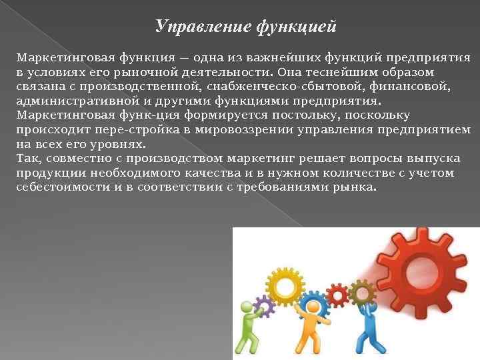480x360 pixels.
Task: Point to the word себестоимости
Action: click(55, 187)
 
